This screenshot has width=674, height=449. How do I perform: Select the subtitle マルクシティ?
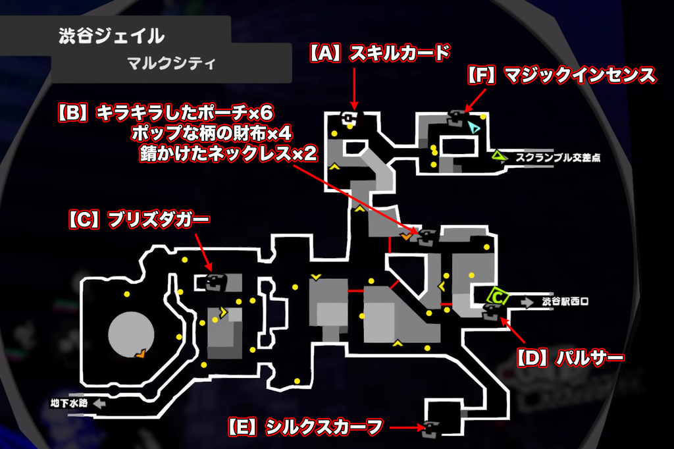[x=171, y=64]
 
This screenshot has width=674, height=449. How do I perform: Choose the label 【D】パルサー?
[x=568, y=358]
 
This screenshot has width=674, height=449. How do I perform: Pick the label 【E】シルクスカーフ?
[x=305, y=427]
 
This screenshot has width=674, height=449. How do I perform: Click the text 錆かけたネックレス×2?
[x=229, y=154]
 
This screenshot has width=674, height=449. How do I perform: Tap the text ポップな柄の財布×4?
[x=211, y=132]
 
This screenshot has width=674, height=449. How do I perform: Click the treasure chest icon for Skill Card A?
[x=350, y=118]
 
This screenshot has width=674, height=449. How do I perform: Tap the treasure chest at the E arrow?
[x=431, y=427]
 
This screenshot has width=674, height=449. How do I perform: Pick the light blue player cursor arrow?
[x=473, y=126]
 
